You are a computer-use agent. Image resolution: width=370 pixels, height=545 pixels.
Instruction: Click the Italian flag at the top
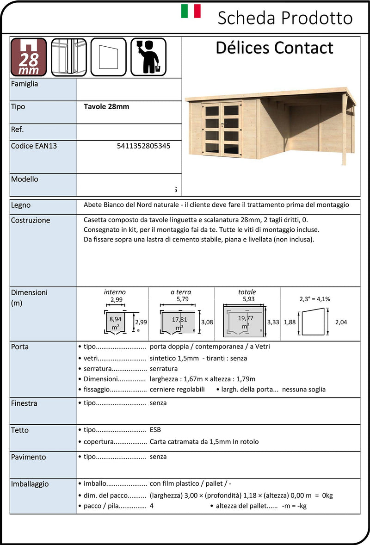click(x=191, y=11)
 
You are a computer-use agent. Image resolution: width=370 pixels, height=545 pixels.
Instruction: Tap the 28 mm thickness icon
click(x=29, y=57)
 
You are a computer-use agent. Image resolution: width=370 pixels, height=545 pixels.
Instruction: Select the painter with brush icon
click(x=148, y=57)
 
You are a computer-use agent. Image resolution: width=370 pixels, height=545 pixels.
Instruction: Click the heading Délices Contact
click(x=274, y=48)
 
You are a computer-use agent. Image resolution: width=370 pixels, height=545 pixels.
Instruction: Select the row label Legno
click(x=21, y=205)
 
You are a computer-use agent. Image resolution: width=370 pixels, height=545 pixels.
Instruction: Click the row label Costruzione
click(x=31, y=220)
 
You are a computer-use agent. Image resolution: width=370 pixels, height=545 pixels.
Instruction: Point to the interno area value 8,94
click(x=115, y=319)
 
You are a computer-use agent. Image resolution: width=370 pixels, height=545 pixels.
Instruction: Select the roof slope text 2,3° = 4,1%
click(x=314, y=299)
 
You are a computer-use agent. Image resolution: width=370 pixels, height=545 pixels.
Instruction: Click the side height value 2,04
click(x=340, y=322)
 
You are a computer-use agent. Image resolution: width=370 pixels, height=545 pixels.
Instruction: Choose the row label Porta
click(x=20, y=347)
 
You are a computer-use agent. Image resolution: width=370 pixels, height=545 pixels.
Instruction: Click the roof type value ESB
click(x=155, y=429)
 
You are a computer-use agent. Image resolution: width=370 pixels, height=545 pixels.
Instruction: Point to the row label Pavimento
click(x=29, y=457)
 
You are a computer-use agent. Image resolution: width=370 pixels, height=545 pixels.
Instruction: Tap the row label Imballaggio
click(x=30, y=484)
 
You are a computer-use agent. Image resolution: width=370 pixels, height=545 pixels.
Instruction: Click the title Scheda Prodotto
click(x=285, y=18)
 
